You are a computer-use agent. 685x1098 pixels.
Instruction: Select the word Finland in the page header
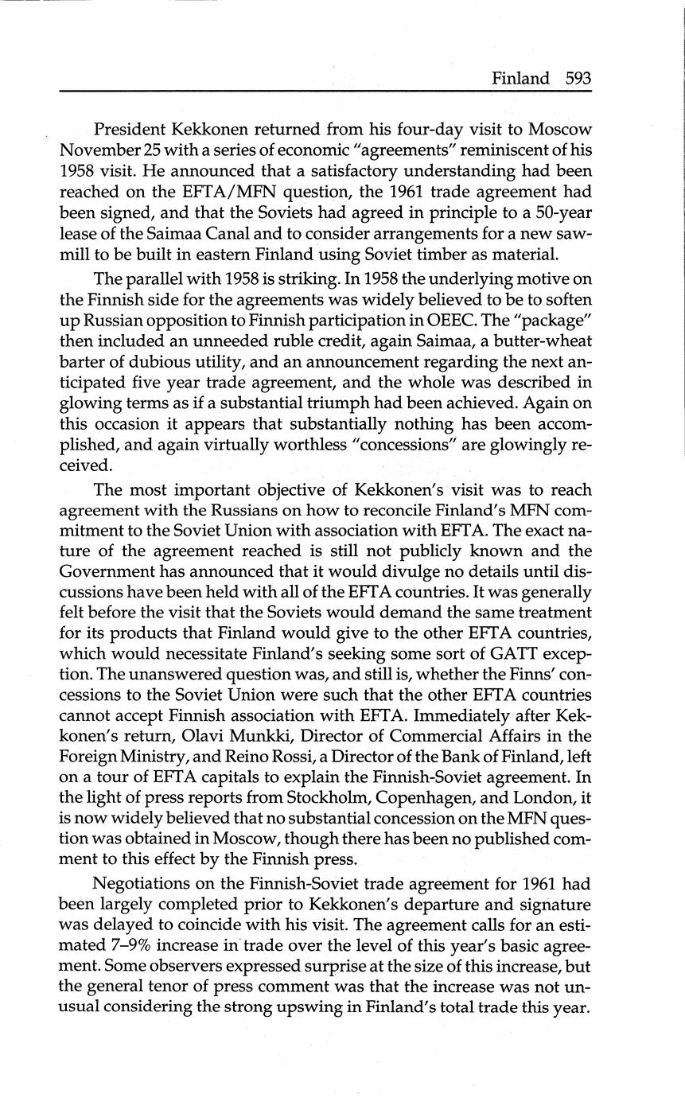[x=520, y=79]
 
